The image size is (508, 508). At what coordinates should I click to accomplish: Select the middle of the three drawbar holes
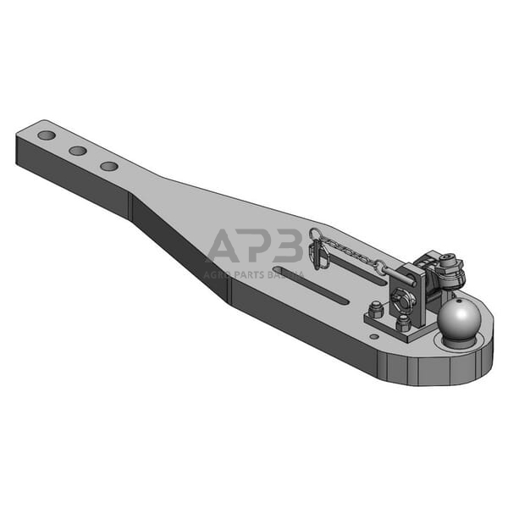(x=78, y=151)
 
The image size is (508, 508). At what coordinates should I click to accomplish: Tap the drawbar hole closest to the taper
(x=108, y=166)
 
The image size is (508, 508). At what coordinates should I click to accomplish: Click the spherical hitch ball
(x=458, y=322)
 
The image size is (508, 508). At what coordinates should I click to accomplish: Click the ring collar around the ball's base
(x=458, y=341)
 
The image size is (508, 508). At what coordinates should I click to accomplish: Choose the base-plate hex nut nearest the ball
(x=405, y=323)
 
